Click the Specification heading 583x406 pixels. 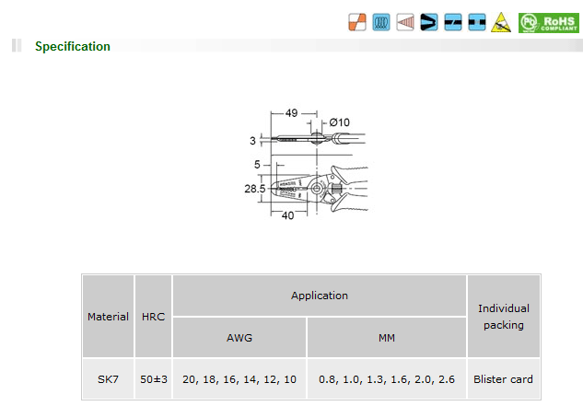(73, 46)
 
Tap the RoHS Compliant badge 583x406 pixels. (548, 23)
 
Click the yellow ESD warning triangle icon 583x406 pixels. (500, 22)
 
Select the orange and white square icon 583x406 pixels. (357, 22)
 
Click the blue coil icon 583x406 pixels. (381, 22)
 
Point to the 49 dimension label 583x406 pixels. (291, 113)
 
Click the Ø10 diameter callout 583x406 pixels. (340, 122)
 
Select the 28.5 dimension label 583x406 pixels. (255, 189)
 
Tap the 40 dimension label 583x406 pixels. (287, 215)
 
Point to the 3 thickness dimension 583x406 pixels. (253, 141)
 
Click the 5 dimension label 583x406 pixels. (257, 165)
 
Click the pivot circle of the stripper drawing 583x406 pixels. (317, 188)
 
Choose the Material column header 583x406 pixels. (108, 317)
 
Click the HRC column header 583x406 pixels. (153, 317)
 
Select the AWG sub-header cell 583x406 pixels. (239, 338)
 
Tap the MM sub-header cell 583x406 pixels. (387, 338)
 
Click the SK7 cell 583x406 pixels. (108, 379)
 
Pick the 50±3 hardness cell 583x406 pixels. (154, 379)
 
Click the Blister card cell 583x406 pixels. (504, 379)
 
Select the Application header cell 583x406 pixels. (320, 296)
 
